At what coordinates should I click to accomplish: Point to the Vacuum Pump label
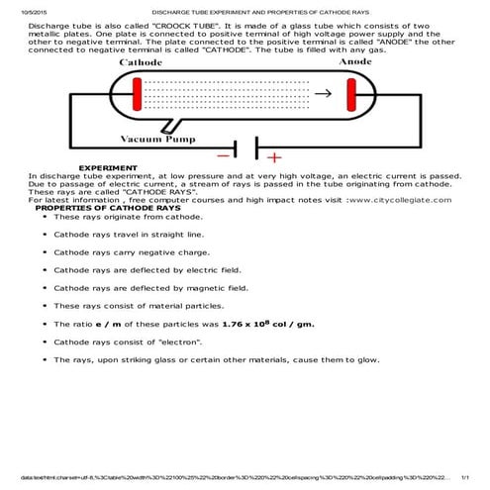[158, 139]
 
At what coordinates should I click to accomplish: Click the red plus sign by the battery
[274, 155]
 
